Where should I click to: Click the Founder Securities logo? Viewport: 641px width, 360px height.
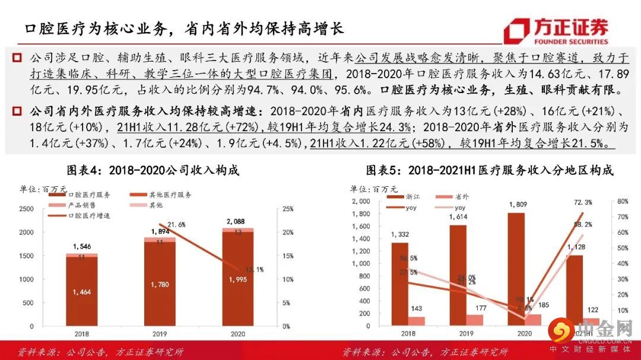(556, 31)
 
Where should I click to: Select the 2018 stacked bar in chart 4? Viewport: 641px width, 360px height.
(82, 291)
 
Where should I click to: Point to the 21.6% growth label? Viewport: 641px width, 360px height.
(176, 224)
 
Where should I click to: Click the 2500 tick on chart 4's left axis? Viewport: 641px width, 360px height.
(26, 209)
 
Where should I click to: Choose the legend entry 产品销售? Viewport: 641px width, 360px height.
(81, 205)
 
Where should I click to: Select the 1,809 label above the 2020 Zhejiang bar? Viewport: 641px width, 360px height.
(517, 205)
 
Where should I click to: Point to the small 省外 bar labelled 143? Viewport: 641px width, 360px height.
(417, 321)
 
